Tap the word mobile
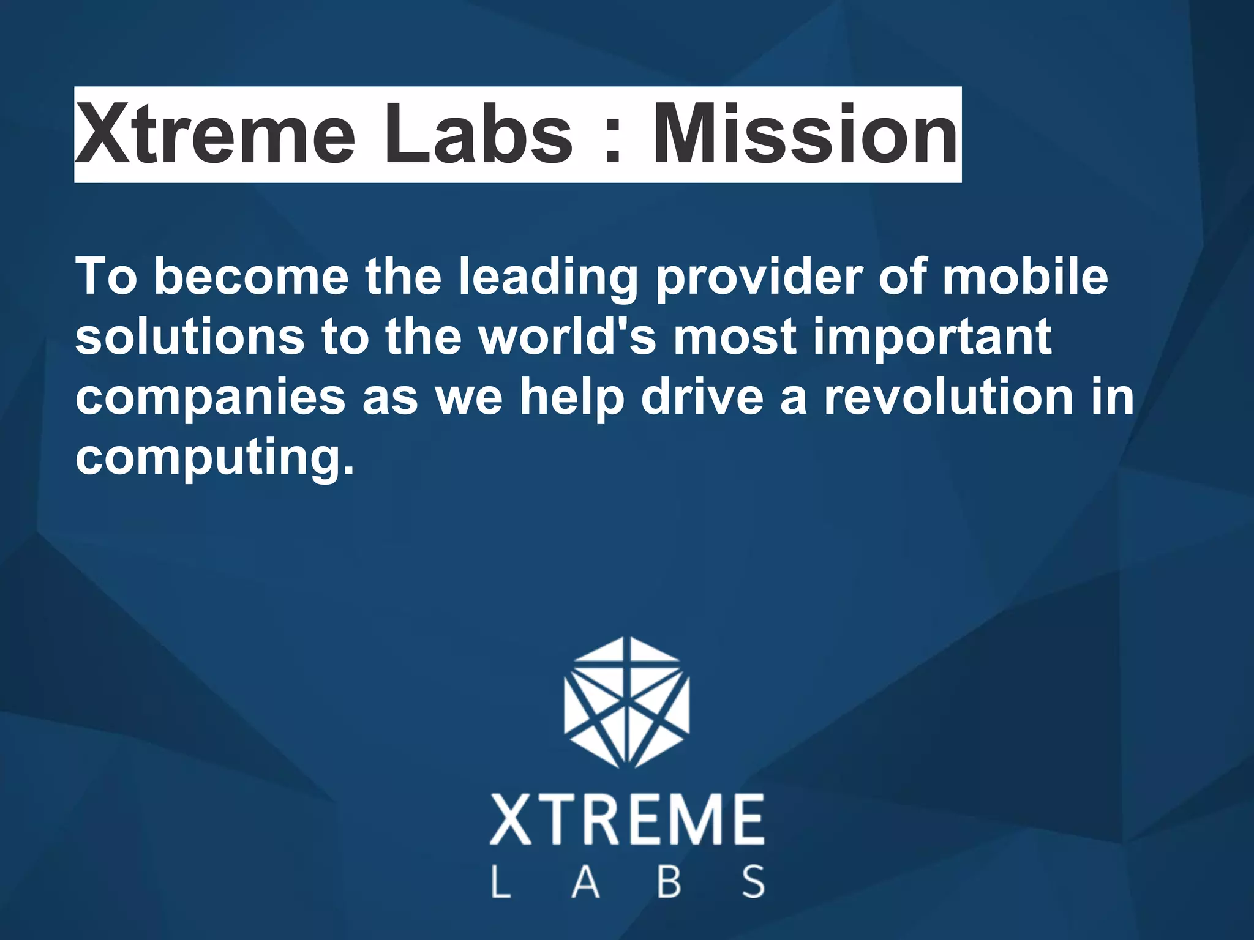click(x=1025, y=277)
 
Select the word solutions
click(x=190, y=337)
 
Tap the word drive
click(x=702, y=397)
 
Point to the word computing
click(x=214, y=459)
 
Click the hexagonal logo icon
click(x=626, y=702)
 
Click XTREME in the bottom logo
click(x=626, y=819)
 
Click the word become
click(x=251, y=277)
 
